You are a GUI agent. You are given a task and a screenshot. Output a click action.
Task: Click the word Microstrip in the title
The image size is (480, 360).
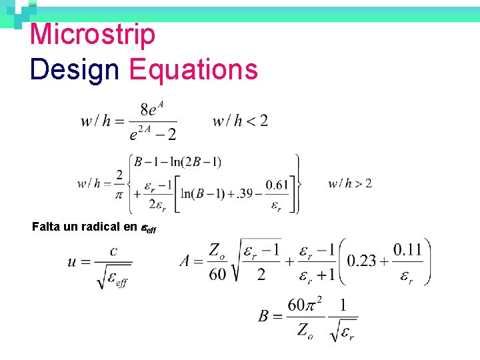pyautogui.click(x=93, y=35)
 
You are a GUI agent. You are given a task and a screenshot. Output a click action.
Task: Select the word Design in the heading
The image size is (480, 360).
pyautogui.click(x=74, y=69)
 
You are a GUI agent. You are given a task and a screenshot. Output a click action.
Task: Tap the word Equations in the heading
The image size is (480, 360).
pyautogui.click(x=193, y=69)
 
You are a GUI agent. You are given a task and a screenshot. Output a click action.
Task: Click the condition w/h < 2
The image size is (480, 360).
pyautogui.click(x=240, y=121)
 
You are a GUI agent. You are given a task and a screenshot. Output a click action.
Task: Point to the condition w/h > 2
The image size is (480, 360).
pyautogui.click(x=350, y=183)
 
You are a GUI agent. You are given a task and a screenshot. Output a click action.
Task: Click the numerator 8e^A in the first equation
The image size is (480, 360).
pyautogui.click(x=153, y=109)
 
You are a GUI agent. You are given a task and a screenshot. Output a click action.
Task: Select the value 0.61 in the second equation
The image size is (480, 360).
pyautogui.click(x=277, y=185)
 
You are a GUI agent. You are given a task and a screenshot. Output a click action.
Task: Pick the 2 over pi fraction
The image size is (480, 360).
pyautogui.click(x=119, y=183)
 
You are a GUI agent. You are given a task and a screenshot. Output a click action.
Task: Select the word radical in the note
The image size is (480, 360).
pyautogui.click(x=103, y=227)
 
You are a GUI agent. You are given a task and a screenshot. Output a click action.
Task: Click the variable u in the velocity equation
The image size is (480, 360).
pyautogui.click(x=73, y=261)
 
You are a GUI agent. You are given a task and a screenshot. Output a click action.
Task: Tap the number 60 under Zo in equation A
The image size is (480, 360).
pyautogui.click(x=217, y=274)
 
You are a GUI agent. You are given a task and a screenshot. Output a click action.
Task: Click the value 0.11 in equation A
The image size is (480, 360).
pyautogui.click(x=407, y=250)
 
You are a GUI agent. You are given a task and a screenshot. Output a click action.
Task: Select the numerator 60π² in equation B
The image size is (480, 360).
pyautogui.click(x=304, y=305)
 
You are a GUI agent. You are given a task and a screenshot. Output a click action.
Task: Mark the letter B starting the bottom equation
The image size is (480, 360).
pyautogui.click(x=265, y=315)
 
